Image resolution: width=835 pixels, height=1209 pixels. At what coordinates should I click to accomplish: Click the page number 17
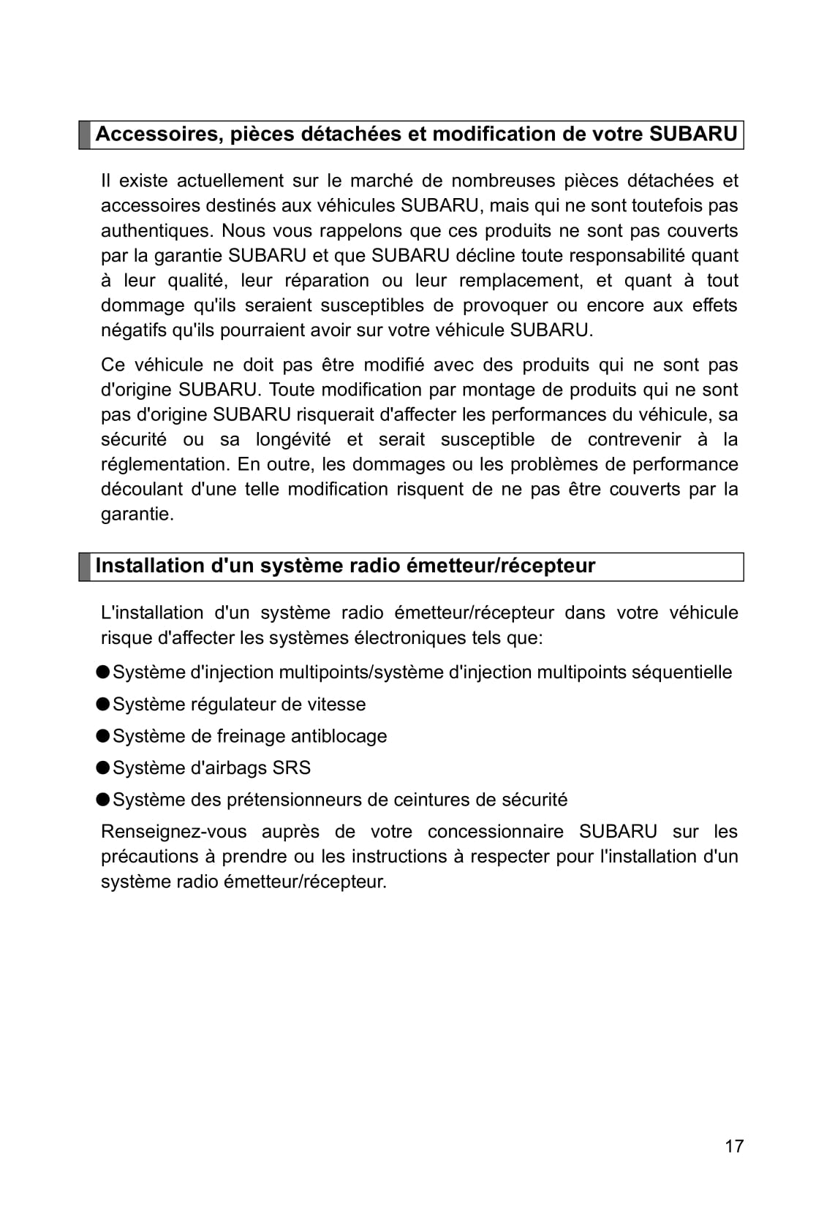734,1146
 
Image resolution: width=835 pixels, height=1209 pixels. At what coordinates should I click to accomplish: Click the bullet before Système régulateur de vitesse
103,704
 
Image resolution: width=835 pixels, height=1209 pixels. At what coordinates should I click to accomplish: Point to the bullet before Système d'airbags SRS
103,768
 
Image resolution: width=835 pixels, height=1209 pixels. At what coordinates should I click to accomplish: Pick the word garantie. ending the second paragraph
137,515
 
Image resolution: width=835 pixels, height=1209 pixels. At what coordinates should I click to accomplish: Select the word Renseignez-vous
173,832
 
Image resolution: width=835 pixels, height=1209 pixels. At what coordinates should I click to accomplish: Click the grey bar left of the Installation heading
85,566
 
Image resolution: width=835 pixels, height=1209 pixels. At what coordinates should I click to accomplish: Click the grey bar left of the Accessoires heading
85,135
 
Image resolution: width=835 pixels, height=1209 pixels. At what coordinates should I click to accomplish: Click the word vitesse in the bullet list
336,705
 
